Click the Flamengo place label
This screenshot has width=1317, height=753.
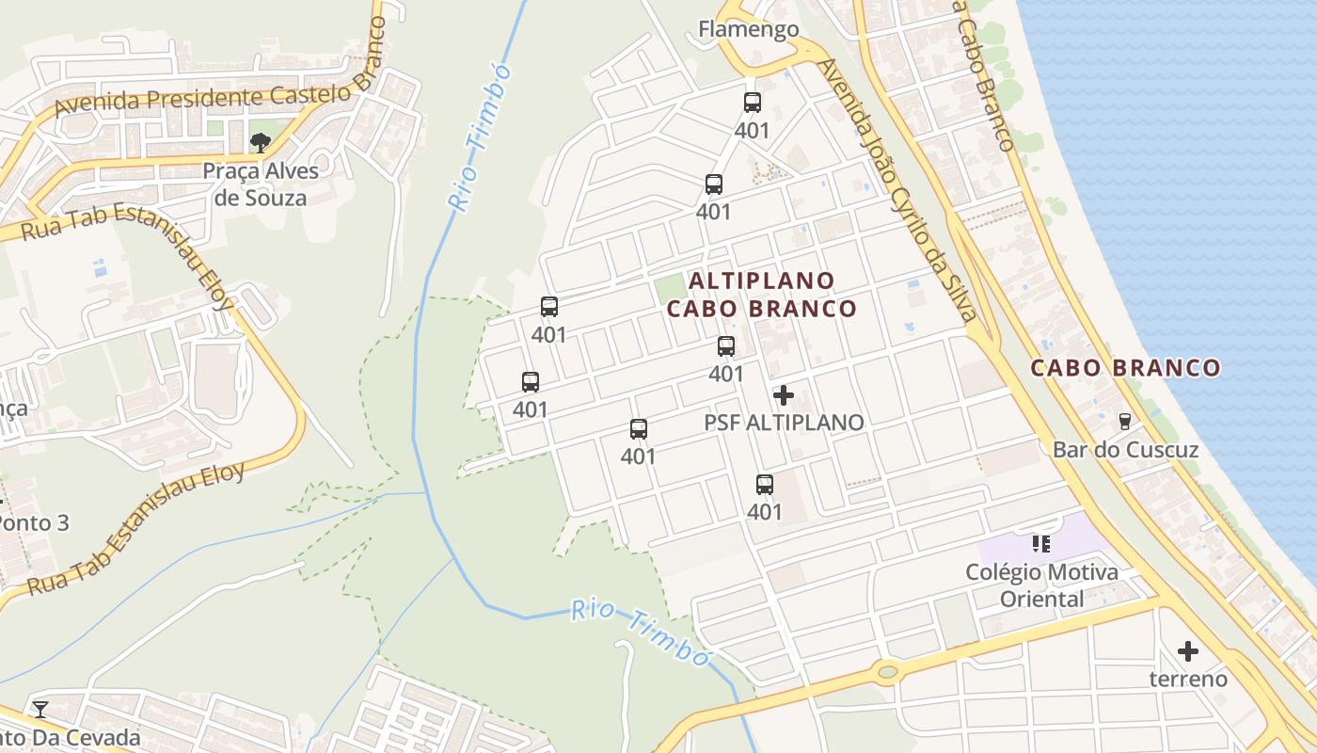748,29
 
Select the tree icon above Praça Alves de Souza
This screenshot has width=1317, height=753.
261,143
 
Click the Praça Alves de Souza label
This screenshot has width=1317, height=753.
261,184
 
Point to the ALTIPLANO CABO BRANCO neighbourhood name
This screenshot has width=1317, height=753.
762,295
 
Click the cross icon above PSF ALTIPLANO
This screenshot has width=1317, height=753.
784,395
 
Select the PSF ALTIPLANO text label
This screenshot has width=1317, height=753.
784,423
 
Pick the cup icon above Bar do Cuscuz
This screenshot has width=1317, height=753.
1124,421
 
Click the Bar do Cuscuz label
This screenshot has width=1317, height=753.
1125,450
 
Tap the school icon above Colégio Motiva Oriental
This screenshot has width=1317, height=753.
1040,543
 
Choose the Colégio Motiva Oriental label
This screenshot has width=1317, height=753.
1041,585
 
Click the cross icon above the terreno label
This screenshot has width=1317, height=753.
1188,650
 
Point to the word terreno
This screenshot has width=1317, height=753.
1188,679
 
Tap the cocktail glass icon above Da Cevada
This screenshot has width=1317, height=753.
40,709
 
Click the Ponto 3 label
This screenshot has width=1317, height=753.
36,522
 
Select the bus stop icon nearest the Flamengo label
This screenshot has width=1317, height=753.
752,103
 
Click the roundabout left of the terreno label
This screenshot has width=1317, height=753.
886,672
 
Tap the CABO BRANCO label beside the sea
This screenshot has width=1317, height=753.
1125,368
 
